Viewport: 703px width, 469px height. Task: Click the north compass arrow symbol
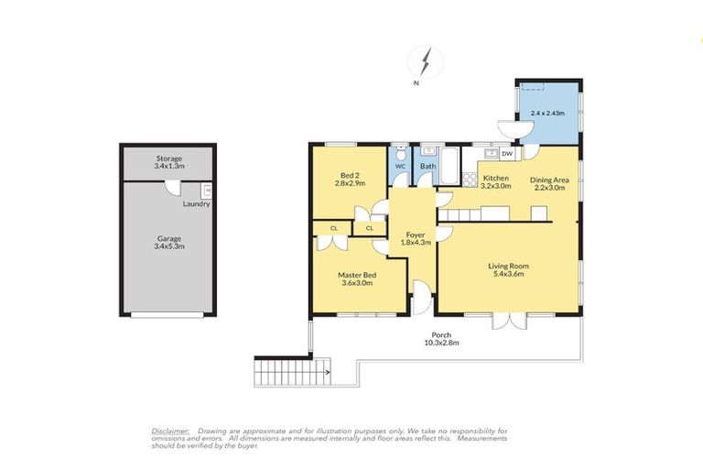pyautogui.click(x=425, y=62)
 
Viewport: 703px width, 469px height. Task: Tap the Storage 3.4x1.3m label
pyautogui.click(x=169, y=162)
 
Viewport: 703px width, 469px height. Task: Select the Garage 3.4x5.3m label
pyautogui.click(x=169, y=242)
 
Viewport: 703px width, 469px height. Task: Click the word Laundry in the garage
pyautogui.click(x=196, y=203)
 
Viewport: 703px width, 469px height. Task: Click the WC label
pyautogui.click(x=400, y=166)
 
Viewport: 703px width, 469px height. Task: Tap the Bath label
pyautogui.click(x=427, y=166)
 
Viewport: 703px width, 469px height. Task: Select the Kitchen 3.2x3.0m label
pyautogui.click(x=496, y=181)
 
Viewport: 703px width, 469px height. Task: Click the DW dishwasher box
pyautogui.click(x=507, y=155)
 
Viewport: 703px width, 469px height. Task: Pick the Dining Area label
pyautogui.click(x=549, y=183)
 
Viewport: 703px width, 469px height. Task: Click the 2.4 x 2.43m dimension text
pyautogui.click(x=547, y=113)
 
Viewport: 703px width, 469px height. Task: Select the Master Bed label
pyautogui.click(x=358, y=278)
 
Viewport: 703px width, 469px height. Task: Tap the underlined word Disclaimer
pyautogui.click(x=170, y=430)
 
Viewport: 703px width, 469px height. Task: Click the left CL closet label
pyautogui.click(x=334, y=227)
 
